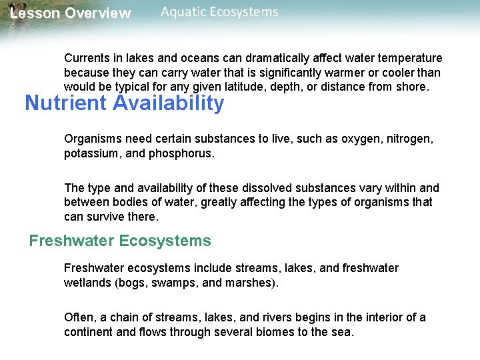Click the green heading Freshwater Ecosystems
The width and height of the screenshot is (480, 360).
point(120,241)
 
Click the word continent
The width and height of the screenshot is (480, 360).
point(88,331)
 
